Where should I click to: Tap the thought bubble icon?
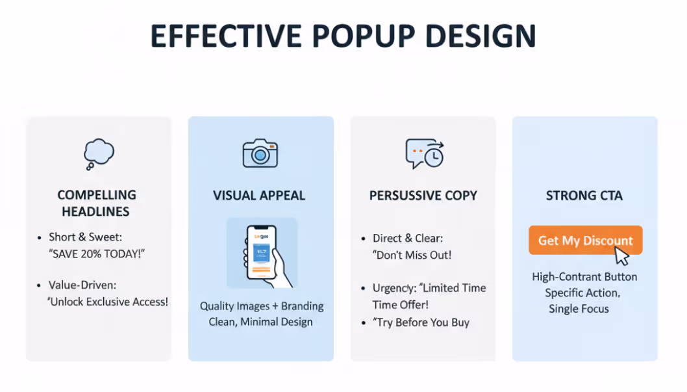[x=98, y=154]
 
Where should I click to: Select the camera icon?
[x=260, y=153]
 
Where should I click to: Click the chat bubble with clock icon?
[x=424, y=154]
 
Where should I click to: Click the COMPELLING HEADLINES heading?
[x=97, y=203]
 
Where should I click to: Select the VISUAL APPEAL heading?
[x=259, y=196]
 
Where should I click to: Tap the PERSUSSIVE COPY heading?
[x=423, y=196]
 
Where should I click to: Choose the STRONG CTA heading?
[x=584, y=196]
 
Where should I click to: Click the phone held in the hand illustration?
[x=262, y=253]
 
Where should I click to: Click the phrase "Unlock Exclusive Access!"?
[x=108, y=302]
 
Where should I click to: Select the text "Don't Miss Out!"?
[x=413, y=255]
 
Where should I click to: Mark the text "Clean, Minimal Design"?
[x=260, y=322]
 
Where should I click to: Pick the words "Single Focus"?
[x=579, y=309]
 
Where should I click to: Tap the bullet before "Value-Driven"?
[x=40, y=285]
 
